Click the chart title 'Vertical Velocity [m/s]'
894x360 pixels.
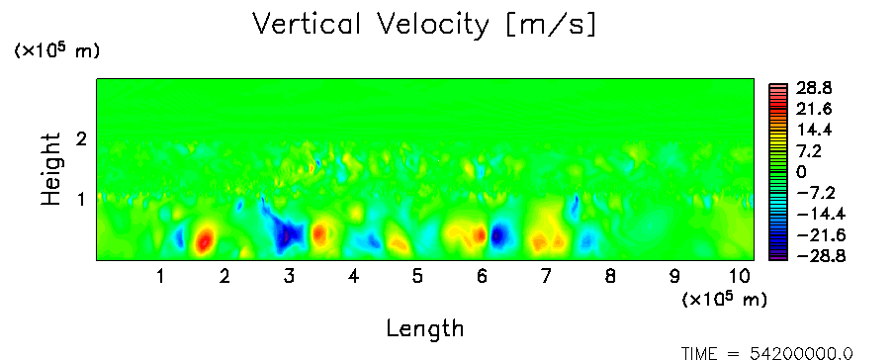pyautogui.click(x=424, y=26)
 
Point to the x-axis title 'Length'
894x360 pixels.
pyautogui.click(x=425, y=328)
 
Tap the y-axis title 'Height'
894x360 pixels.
pyautogui.click(x=50, y=169)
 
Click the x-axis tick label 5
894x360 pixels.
pyautogui.click(x=417, y=277)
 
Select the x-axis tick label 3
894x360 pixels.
pyautogui.click(x=289, y=277)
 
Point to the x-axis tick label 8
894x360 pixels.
pyautogui.click(x=610, y=277)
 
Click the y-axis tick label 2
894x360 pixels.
pyautogui.click(x=81, y=138)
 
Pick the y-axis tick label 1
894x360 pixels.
pyautogui.click(x=81, y=200)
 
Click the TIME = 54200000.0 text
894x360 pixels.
pyautogui.click(x=767, y=354)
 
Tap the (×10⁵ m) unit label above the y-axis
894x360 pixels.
pyautogui.click(x=56, y=50)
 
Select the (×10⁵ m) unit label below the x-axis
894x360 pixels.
pyautogui.click(x=724, y=299)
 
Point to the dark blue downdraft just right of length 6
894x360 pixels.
pyautogui.click(x=498, y=235)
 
